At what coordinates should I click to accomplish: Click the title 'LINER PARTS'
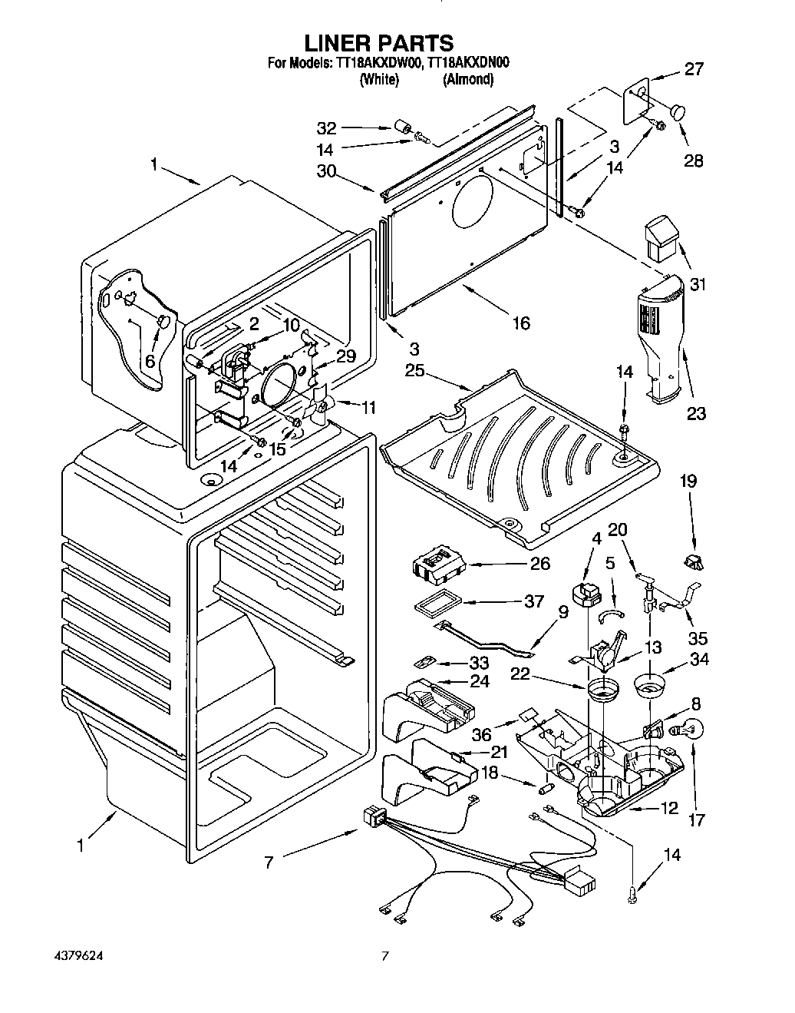tap(378, 43)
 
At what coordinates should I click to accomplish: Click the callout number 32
tap(326, 128)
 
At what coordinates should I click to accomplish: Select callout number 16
tap(521, 323)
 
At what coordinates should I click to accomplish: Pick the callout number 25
tap(414, 371)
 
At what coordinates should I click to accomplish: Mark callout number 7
tap(269, 863)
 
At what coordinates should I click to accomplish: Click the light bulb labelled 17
tap(687, 731)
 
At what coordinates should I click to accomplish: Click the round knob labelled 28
tap(678, 113)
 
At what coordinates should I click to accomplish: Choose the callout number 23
tap(696, 413)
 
